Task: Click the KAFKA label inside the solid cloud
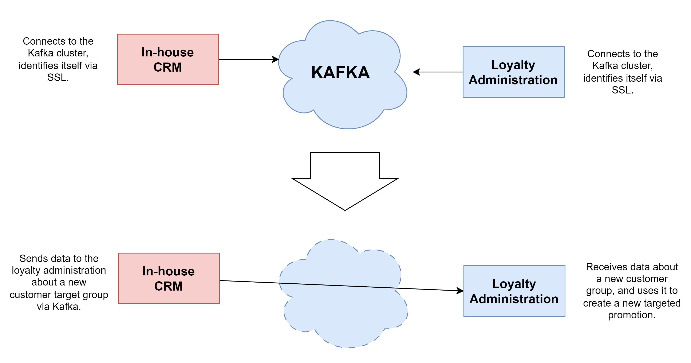pyautogui.click(x=340, y=72)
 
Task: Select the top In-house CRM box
pyautogui.click(x=168, y=59)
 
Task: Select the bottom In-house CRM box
pyautogui.click(x=169, y=278)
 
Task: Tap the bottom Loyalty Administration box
pyautogui.click(x=514, y=291)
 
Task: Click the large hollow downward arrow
pyautogui.click(x=345, y=181)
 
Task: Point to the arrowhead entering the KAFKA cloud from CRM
pyautogui.click(x=276, y=59)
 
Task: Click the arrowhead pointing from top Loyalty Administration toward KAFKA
pyautogui.click(x=416, y=72)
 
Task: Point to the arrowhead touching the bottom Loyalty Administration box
pyautogui.click(x=460, y=291)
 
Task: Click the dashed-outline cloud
pyautogui.click(x=343, y=294)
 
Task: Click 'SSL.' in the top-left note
pyautogui.click(x=58, y=77)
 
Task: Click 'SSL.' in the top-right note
pyautogui.click(x=622, y=90)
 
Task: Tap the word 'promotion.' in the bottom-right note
pyautogui.click(x=632, y=315)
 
